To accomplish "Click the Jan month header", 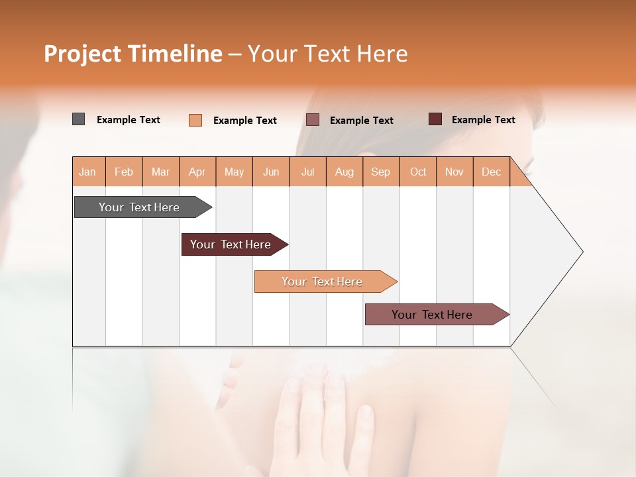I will tap(88, 172).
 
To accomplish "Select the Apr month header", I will tap(197, 172).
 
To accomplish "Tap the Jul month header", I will tap(308, 172).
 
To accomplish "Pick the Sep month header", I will tap(381, 172).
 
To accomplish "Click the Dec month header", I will tap(492, 172).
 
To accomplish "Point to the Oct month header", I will tap(418, 172).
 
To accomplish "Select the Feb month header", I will tap(124, 172).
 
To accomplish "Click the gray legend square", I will tap(78, 119).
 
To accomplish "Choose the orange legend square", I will tap(195, 120).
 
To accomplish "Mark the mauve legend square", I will tap(313, 120).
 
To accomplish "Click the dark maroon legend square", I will tap(435, 119).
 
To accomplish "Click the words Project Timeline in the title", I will tap(132, 54).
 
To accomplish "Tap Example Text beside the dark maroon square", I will tap(483, 120).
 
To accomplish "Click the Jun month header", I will tap(271, 172).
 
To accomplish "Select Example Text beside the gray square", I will tap(129, 120).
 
